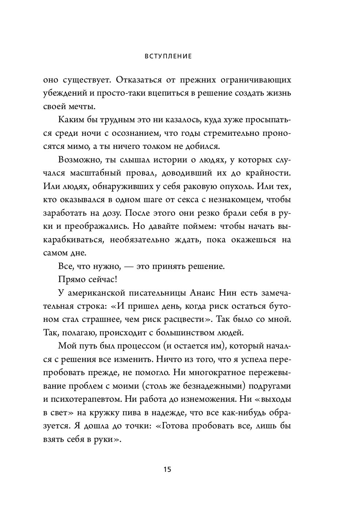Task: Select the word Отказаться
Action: [137, 80]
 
